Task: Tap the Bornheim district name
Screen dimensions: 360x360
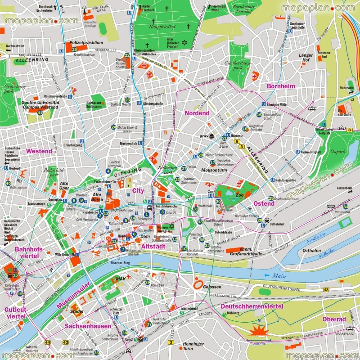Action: (281, 86)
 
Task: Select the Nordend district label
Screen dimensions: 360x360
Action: (197, 113)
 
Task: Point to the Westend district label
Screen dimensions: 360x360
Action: (39, 151)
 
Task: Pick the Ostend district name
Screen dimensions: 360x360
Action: (264, 203)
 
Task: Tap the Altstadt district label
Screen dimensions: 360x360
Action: (153, 247)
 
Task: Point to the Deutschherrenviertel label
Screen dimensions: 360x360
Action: (252, 306)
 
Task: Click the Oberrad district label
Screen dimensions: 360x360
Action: (334, 319)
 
